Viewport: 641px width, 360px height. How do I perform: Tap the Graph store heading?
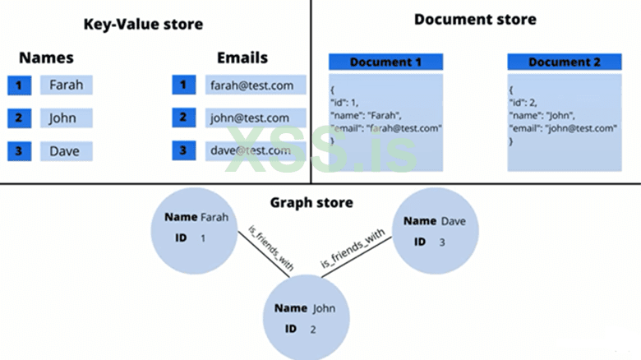(311, 202)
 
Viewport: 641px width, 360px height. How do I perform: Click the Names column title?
(46, 58)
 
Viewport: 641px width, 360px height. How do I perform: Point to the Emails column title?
(242, 58)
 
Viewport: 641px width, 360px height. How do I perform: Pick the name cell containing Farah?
(66, 85)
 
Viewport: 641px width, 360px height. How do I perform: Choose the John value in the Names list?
(66, 118)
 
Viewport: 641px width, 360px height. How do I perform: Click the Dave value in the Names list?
(66, 151)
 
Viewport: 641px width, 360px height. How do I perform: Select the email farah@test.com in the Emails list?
(256, 85)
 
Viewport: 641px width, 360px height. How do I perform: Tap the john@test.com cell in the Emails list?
(256, 118)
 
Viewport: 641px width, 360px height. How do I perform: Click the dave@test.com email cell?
(256, 151)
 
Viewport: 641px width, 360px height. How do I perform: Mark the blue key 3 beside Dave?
(19, 151)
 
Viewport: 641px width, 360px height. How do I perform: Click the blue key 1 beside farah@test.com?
(184, 85)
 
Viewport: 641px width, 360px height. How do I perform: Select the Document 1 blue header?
(385, 62)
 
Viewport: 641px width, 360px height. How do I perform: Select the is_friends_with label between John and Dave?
(352, 248)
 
